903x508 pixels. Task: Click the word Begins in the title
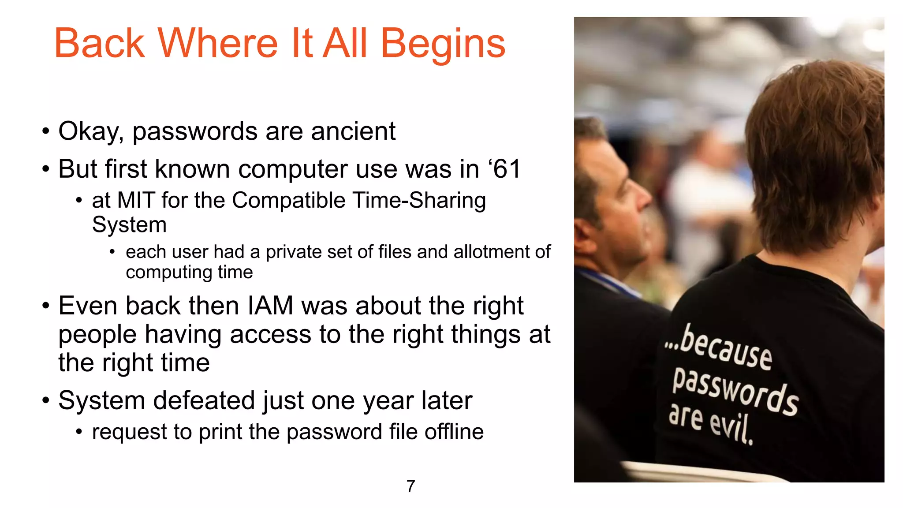443,44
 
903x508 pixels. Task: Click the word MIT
135,200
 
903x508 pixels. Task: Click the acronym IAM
270,306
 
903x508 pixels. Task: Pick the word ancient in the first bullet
353,131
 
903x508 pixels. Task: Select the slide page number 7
410,486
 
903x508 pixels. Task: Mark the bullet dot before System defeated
45,401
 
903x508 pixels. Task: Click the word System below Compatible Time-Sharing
129,225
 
